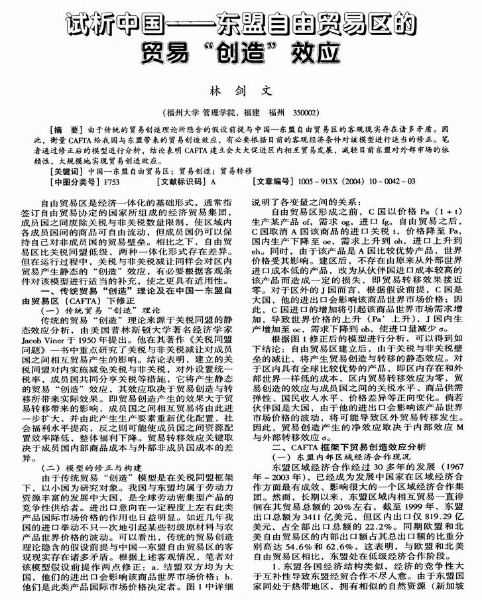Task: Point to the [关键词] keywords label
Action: pos(69,170)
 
